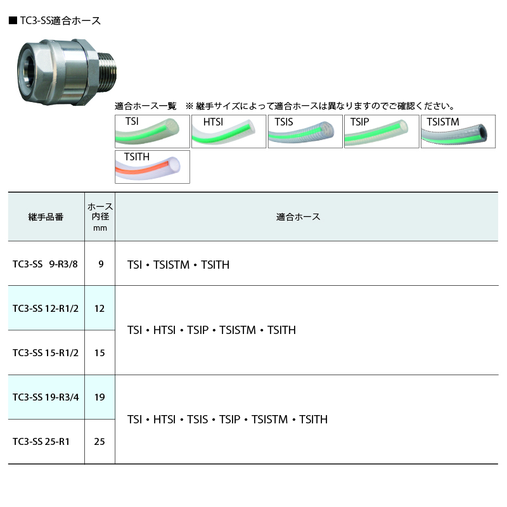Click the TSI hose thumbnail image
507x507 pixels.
click(x=152, y=131)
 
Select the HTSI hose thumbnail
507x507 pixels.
click(x=229, y=131)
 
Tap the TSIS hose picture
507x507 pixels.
click(x=305, y=131)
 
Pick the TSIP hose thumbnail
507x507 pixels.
click(x=382, y=131)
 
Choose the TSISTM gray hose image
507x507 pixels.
click(x=458, y=131)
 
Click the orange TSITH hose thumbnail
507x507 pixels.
click(x=152, y=167)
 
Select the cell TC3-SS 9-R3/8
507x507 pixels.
click(x=45, y=264)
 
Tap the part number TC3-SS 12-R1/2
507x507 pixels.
click(x=46, y=309)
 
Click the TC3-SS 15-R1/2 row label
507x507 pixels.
click(x=46, y=353)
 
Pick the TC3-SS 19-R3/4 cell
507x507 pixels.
click(x=46, y=397)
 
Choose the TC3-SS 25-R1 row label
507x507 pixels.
click(x=41, y=441)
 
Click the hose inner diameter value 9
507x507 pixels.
click(x=101, y=264)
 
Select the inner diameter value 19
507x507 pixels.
click(x=99, y=397)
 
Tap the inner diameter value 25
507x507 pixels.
click(x=99, y=441)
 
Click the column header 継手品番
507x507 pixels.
click(x=46, y=217)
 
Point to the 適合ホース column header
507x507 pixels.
click(x=298, y=217)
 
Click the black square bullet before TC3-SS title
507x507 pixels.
click(x=13, y=21)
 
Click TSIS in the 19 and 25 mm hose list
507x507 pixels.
click(x=197, y=420)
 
